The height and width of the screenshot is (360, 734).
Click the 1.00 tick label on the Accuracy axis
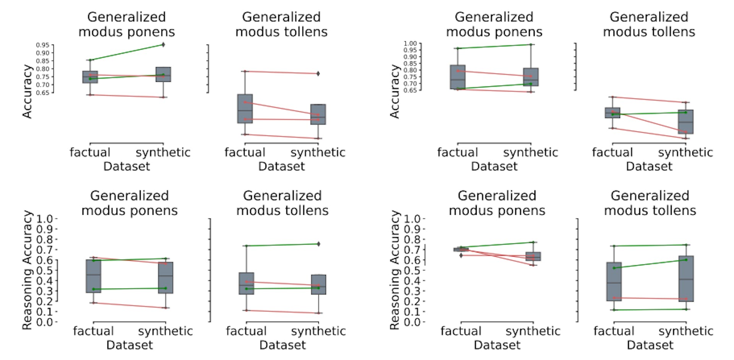point(410,44)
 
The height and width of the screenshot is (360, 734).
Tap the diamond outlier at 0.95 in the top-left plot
point(163,45)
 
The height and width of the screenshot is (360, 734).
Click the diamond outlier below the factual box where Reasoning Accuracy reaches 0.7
point(461,255)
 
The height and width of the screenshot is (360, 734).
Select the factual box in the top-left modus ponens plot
point(90,77)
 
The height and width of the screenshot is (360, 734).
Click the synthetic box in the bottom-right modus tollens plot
point(686,279)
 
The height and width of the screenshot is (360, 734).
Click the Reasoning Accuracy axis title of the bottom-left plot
point(27,270)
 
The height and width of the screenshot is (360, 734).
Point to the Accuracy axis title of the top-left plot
point(27,91)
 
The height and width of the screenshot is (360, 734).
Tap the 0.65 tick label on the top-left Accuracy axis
point(42,93)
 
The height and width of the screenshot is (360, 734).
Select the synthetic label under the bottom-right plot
point(686,331)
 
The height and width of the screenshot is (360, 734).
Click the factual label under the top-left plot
point(90,152)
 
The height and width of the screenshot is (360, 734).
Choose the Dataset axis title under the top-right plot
point(649,167)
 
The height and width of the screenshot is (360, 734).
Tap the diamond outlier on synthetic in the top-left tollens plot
point(318,73)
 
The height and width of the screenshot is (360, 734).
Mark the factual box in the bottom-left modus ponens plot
point(94,276)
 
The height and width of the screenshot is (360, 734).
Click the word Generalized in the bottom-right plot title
point(650,196)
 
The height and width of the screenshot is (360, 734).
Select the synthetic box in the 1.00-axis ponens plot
point(531,77)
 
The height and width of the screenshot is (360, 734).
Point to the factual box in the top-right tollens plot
point(612,113)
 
